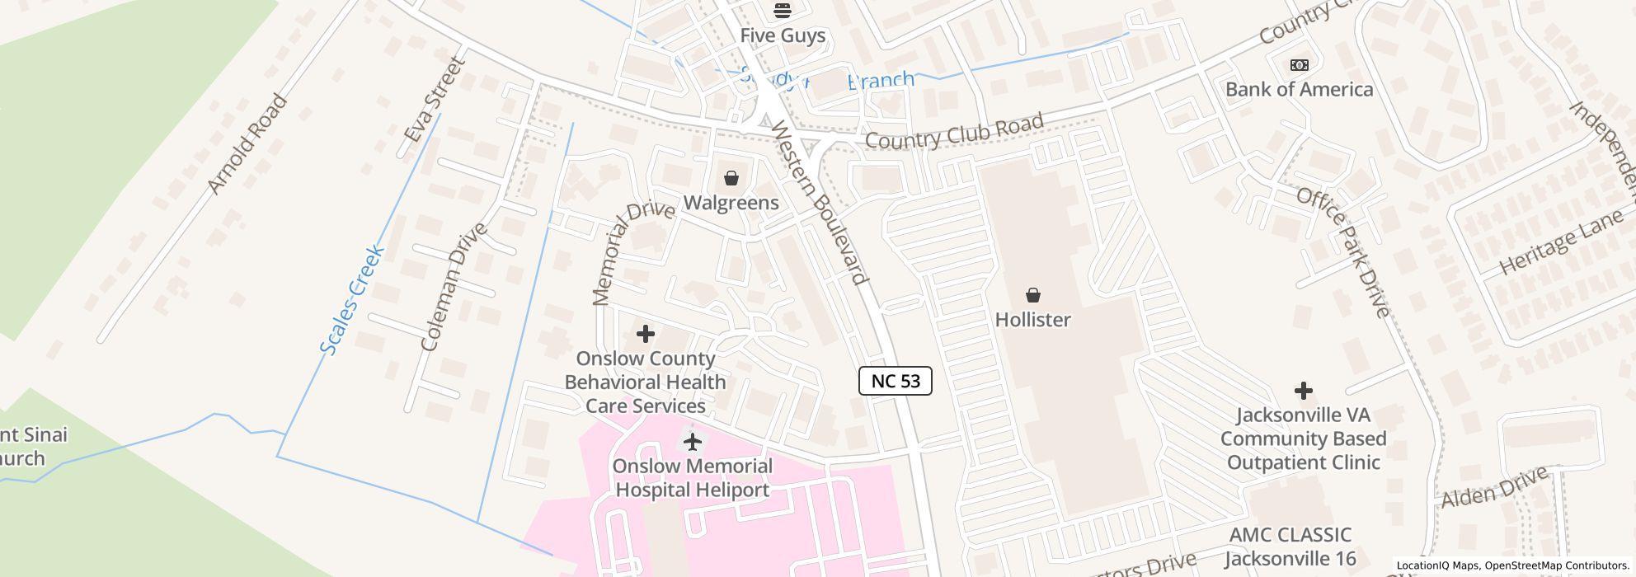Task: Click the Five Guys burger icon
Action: point(782,11)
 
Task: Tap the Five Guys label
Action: point(782,35)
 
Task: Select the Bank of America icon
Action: point(1299,65)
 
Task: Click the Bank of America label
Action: point(1299,89)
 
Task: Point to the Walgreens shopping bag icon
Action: point(731,178)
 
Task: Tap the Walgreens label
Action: point(731,203)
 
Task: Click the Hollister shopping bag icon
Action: point(1032,295)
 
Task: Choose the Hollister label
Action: point(1032,320)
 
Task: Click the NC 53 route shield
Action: point(895,381)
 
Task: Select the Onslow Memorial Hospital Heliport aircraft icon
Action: point(693,442)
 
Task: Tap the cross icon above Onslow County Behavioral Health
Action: point(646,334)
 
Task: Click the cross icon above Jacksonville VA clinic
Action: point(1303,390)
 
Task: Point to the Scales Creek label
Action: point(352,300)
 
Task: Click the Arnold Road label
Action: point(247,145)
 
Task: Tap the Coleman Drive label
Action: point(454,287)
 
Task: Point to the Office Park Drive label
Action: point(1343,252)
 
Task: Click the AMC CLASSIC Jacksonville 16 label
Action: point(1290,547)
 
